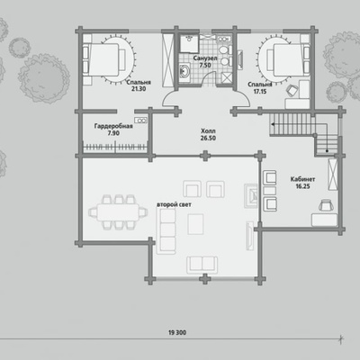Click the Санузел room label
205,58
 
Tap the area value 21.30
139,89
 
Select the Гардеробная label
113,126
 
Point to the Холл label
208,131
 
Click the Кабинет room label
302,179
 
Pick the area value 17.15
260,92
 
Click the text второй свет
174,204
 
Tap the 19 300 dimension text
177,332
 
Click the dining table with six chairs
118,212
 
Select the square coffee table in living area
195,224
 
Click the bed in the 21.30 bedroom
104,59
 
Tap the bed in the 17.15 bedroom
288,59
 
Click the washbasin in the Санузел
184,71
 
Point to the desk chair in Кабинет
326,205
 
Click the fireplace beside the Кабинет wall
251,195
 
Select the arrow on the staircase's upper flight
292,124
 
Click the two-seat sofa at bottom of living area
202,265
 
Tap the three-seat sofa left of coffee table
166,231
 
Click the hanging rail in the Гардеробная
115,148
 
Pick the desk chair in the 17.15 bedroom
292,90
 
